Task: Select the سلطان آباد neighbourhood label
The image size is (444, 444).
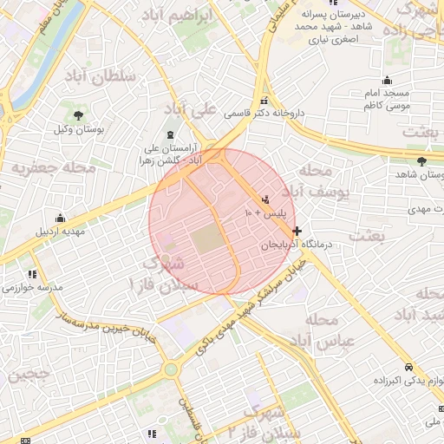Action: point(100,75)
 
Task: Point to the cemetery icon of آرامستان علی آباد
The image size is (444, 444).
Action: point(169,135)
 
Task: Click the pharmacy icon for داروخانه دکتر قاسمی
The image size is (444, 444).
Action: point(264,100)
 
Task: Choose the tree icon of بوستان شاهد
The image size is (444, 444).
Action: point(421,161)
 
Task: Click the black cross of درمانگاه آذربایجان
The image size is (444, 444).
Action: point(297,232)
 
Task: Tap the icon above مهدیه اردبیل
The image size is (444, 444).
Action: point(60,218)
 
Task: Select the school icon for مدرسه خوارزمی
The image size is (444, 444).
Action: point(33,274)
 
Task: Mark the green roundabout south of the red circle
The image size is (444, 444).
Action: point(171,369)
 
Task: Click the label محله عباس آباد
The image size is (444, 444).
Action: point(330,330)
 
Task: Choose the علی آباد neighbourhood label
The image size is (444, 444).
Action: point(192,110)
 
